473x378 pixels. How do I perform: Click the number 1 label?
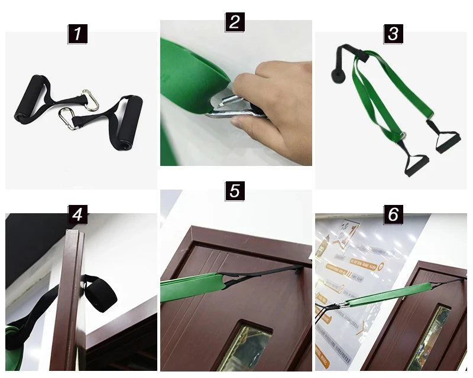77,34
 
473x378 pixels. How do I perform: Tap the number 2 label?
235,22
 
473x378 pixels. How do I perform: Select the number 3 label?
393,34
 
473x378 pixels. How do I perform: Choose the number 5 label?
235,191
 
